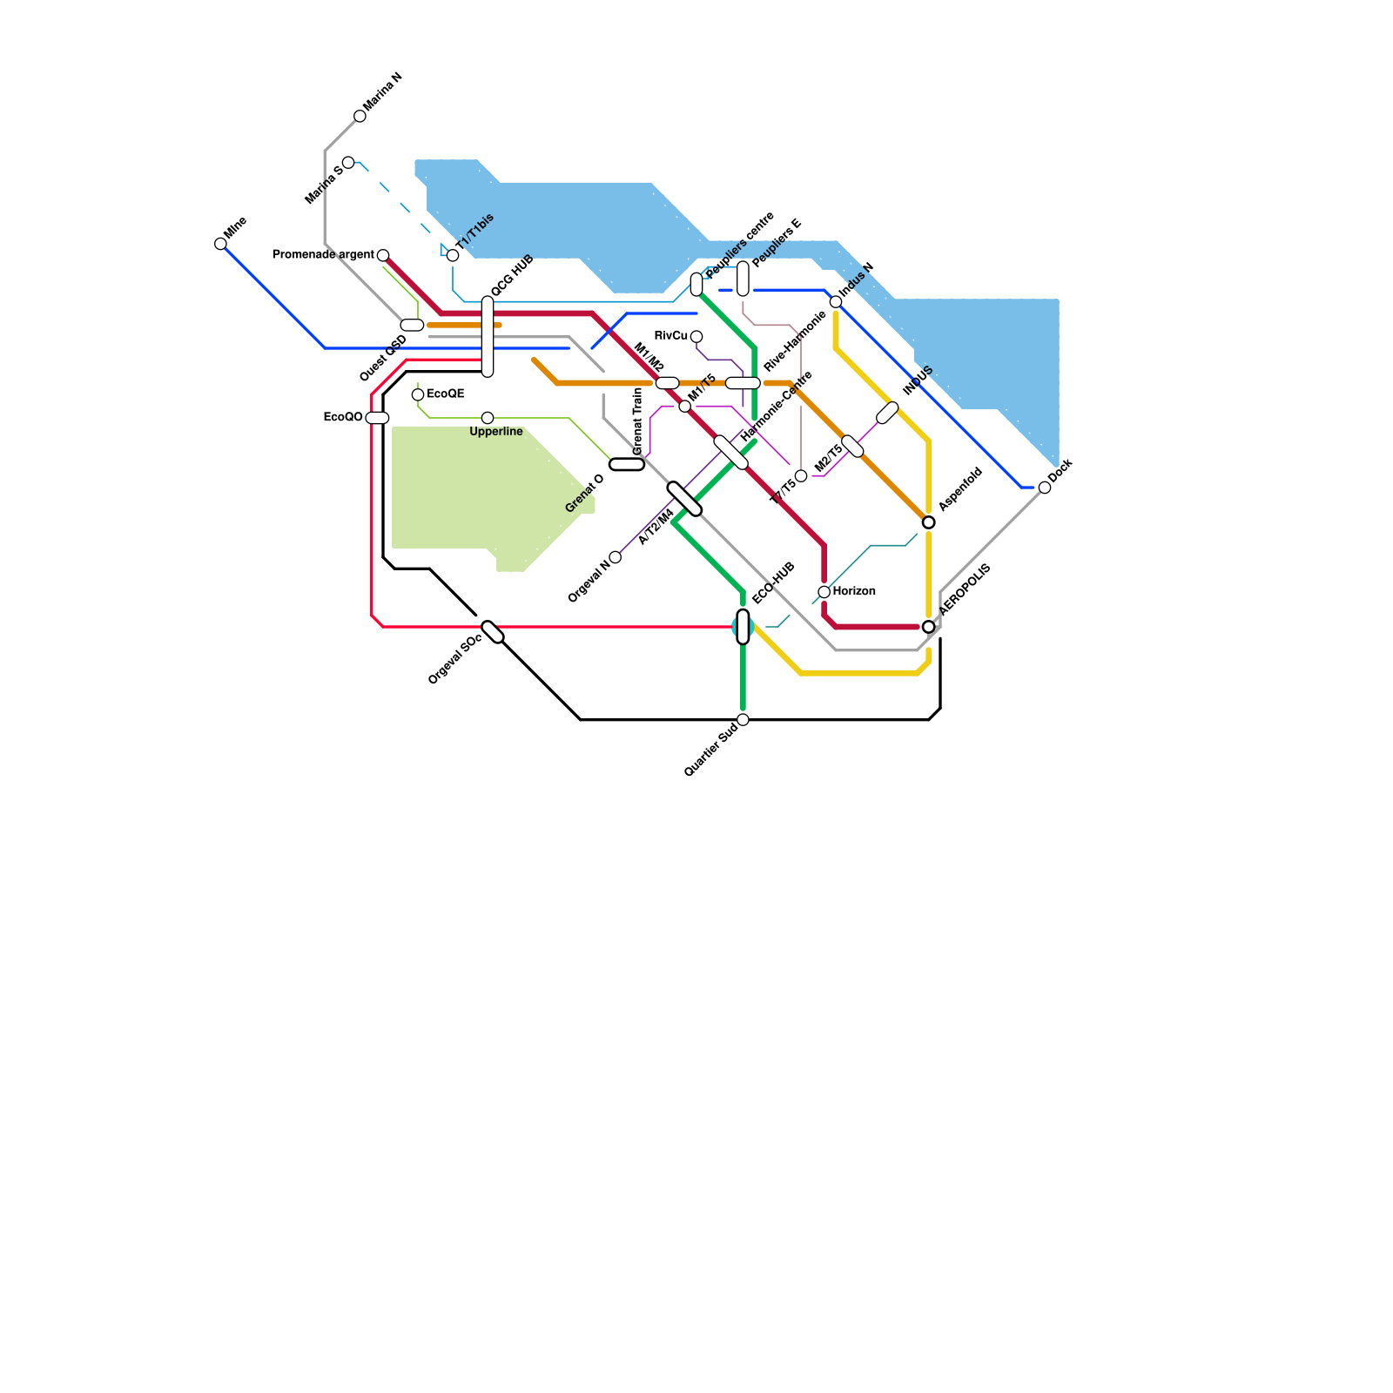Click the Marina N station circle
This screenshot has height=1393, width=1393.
click(x=360, y=116)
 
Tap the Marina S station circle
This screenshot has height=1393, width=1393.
click(x=348, y=163)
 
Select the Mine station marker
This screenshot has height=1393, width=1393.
click(x=220, y=244)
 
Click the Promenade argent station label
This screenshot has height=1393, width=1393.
click(x=323, y=255)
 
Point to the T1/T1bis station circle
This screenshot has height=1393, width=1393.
click(x=453, y=255)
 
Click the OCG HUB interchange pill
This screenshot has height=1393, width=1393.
click(x=488, y=337)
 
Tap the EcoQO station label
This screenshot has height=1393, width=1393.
click(x=342, y=418)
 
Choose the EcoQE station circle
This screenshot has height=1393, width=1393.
click(x=418, y=394)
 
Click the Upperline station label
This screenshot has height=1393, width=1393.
click(x=496, y=432)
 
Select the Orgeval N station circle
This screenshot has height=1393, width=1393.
click(x=616, y=557)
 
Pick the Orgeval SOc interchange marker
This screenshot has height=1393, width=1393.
click(x=493, y=632)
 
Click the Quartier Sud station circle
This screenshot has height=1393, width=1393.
click(x=743, y=719)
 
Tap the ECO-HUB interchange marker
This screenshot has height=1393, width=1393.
click(x=743, y=627)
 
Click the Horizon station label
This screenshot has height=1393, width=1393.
click(x=854, y=592)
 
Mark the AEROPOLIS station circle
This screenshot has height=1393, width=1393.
click(x=928, y=627)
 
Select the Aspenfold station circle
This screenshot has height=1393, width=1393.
click(x=928, y=522)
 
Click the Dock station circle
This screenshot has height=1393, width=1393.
click(x=1045, y=488)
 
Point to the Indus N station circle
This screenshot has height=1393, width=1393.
click(x=836, y=302)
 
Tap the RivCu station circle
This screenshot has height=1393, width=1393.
click(x=696, y=337)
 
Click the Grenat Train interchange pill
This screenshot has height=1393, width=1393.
click(x=627, y=464)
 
